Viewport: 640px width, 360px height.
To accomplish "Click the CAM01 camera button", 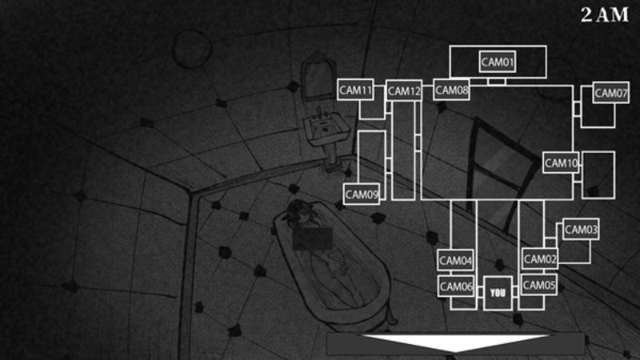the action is point(497,62).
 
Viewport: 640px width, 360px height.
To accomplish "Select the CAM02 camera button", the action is point(539,258).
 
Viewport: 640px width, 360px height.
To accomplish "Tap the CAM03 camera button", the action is point(581,230).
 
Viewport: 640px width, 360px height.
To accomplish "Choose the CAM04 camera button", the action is point(455,260).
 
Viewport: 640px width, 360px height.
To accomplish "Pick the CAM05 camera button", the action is point(538,285).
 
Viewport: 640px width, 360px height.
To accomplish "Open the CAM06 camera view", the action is point(456,286).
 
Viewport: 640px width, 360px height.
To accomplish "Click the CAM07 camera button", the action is point(610,93).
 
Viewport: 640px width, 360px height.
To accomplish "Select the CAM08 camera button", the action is point(451,90).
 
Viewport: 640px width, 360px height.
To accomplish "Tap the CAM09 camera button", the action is point(362,194).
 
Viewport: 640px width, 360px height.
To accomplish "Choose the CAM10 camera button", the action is point(561,163).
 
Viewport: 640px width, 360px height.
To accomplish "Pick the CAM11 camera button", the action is point(355,90).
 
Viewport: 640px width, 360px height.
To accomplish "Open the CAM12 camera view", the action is point(404,90).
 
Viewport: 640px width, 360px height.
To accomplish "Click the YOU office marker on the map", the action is point(498,293).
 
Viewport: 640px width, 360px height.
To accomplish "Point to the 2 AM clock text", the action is point(605,14).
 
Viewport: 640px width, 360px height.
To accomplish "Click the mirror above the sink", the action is point(318,76).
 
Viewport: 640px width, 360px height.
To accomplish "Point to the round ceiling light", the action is point(192,49).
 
